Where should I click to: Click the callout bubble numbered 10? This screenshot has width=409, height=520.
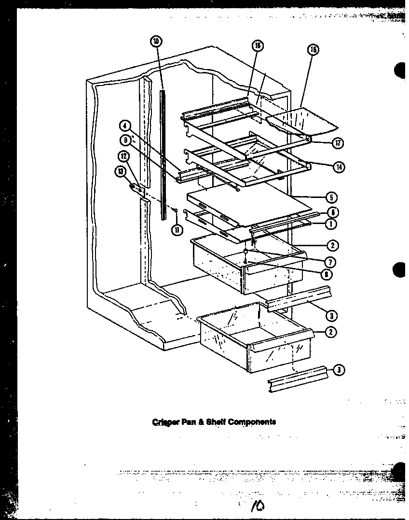[x=155, y=42]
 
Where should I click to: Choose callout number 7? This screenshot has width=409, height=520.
[x=331, y=262]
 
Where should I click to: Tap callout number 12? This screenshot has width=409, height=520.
[x=123, y=156]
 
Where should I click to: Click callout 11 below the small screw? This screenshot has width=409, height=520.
[x=177, y=230]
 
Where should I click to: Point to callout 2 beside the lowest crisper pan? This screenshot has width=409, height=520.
[x=331, y=332]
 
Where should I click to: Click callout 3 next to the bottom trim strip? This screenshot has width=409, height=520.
[x=339, y=370]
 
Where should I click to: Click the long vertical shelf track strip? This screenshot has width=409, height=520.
[x=164, y=155]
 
